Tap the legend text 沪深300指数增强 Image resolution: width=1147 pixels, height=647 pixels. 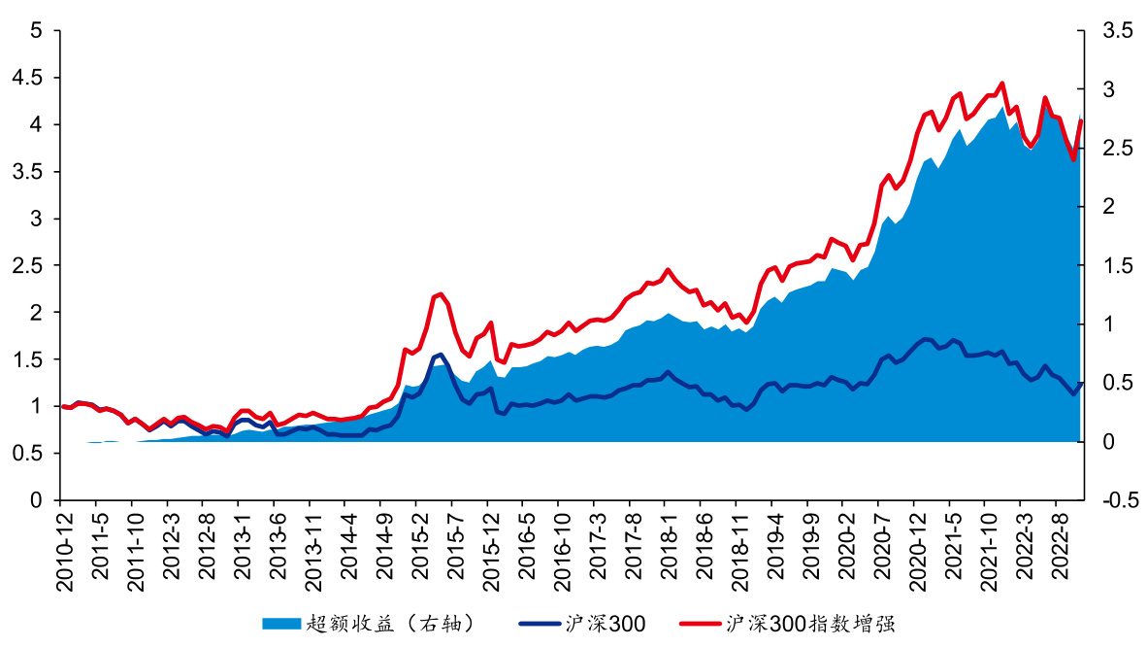pyautogui.click(x=816, y=623)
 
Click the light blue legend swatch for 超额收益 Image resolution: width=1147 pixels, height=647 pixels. pyautogui.click(x=281, y=623)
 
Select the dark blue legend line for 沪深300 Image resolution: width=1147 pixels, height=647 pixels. pyautogui.click(x=540, y=623)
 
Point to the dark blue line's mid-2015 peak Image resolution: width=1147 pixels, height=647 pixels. pyautogui.click(x=441, y=354)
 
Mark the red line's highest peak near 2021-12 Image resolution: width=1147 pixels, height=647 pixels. pyautogui.click(x=1001, y=83)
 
